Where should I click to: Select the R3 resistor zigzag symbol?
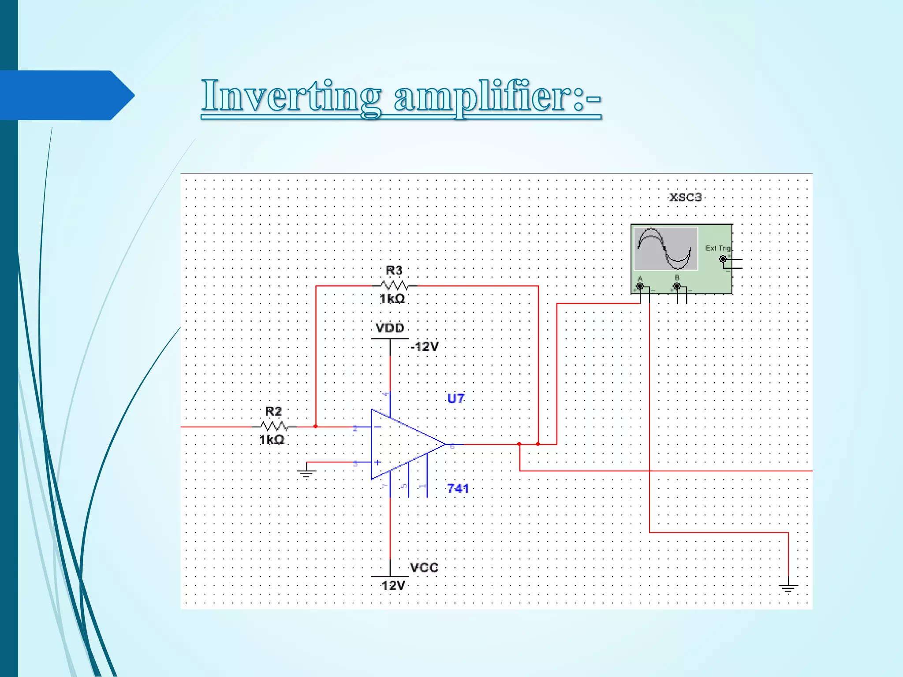394,285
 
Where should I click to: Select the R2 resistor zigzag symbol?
274,426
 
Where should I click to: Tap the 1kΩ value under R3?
392,299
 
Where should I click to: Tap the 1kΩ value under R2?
272,440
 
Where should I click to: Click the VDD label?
390,328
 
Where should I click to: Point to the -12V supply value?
424,346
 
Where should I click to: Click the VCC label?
424,568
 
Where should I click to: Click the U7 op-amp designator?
456,398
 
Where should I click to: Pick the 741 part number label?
458,488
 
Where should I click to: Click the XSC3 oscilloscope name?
685,197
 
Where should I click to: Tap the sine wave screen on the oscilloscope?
666,249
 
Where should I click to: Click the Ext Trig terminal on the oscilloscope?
723,259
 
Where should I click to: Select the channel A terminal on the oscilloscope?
640,287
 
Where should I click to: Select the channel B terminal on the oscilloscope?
677,287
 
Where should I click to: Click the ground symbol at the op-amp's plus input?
306,474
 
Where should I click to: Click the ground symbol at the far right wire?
788,588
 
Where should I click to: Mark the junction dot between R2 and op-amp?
316,426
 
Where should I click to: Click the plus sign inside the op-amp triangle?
378,462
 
